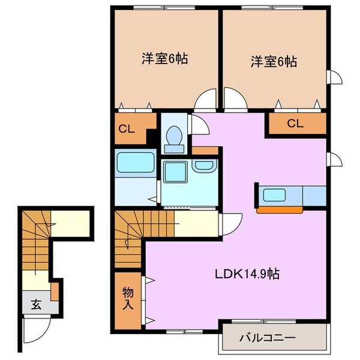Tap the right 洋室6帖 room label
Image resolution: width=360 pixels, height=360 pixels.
pos(274,61)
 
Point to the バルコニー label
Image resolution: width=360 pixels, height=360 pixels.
pos(276,338)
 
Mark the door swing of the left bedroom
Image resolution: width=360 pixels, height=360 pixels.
pos(208,98)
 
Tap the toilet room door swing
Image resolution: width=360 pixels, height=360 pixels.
pos(198,123)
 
